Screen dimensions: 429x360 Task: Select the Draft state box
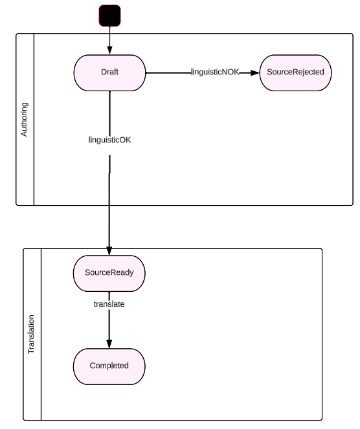coord(109,72)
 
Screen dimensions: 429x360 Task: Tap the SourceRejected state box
coord(295,72)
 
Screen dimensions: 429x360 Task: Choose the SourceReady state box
coord(109,272)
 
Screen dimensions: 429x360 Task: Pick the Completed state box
coord(109,366)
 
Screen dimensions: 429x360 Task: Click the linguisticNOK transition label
coord(215,72)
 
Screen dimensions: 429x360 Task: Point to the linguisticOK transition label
coord(109,140)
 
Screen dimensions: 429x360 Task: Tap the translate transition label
coord(109,303)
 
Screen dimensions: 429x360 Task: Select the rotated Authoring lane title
coord(25,119)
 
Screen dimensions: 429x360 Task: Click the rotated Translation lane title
coord(32,335)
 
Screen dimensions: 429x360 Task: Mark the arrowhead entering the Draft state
coord(109,51)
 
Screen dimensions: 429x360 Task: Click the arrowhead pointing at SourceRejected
coord(254,72)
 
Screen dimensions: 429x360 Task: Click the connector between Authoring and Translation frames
coord(109,226)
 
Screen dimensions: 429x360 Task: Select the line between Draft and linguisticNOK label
coord(168,72)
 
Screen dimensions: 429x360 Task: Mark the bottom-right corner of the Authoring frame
coord(352,204)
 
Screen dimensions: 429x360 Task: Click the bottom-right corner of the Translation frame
coord(321,420)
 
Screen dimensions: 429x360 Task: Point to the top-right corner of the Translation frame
coord(321,249)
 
